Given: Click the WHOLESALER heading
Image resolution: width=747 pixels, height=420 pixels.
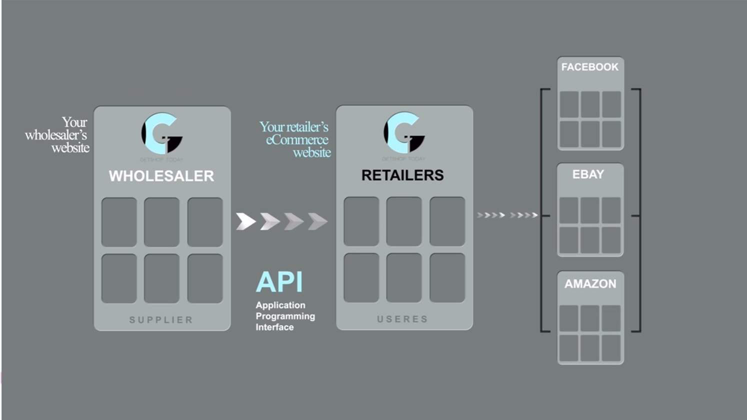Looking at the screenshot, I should tap(161, 176).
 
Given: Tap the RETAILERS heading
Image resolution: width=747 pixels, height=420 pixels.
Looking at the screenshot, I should tap(402, 175).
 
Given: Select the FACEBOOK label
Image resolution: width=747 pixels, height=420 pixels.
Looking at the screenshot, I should tap(589, 67).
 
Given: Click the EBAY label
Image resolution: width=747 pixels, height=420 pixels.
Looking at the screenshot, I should tap(588, 174).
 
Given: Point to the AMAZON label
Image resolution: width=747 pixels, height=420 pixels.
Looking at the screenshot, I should tap(590, 284).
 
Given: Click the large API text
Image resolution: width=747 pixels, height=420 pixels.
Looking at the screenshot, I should tap(279, 282).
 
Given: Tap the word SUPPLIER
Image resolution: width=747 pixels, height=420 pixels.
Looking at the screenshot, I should tap(161, 320).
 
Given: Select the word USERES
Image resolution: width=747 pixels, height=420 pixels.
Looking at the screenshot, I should tap(402, 319).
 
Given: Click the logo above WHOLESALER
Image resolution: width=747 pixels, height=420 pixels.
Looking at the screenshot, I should tap(161, 134).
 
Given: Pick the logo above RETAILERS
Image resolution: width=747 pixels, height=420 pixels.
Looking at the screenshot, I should tap(404, 133).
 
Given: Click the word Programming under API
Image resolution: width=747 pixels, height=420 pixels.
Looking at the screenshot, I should tap(285, 316).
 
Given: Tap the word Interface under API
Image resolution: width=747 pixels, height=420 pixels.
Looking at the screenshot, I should tap(274, 327).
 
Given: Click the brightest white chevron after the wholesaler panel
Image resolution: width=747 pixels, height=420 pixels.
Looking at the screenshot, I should tap(245, 221).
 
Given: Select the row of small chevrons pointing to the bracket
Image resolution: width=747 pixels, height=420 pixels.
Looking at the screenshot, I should tap(507, 215).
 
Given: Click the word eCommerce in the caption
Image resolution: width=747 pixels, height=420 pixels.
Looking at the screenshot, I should tap(297, 140).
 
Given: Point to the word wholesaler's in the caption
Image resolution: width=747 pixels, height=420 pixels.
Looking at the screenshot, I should tap(55, 135).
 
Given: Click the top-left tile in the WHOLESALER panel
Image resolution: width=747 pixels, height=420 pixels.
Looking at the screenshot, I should tap(119, 222).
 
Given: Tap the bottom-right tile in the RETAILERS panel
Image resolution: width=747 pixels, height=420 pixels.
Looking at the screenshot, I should tap(447, 278).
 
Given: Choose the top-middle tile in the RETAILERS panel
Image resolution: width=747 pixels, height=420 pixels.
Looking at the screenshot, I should tap(404, 221).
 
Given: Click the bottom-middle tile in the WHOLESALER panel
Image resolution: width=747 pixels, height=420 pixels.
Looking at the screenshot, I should tap(161, 278).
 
